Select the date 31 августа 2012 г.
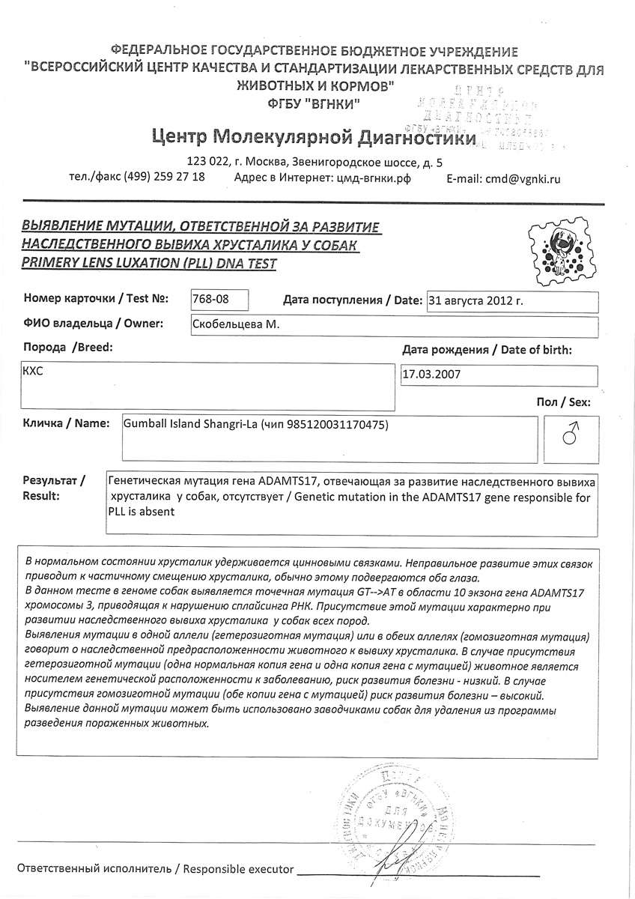(x=474, y=301)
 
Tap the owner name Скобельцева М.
(x=237, y=324)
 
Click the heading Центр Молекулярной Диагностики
(x=314, y=138)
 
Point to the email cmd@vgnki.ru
(x=502, y=179)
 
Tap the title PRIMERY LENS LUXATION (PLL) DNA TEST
(x=149, y=263)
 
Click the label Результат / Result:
(x=53, y=488)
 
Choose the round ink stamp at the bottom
(x=397, y=820)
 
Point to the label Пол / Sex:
(x=563, y=402)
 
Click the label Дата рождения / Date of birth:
(x=487, y=350)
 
